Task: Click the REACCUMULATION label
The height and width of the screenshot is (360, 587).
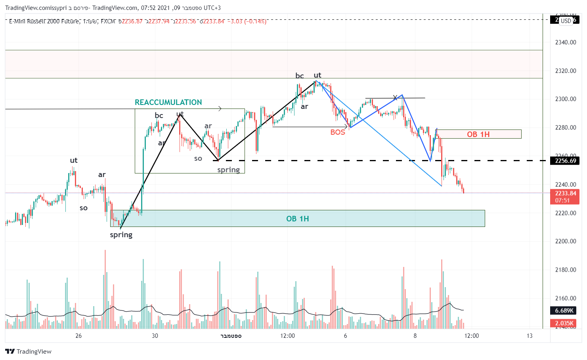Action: (x=168, y=103)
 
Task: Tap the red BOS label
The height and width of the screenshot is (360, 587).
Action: (x=338, y=132)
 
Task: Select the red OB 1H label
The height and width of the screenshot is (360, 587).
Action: (x=478, y=134)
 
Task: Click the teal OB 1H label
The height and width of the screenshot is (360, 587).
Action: (x=297, y=219)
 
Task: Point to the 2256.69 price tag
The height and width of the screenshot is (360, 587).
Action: (x=565, y=161)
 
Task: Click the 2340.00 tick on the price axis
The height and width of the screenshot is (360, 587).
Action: (x=565, y=42)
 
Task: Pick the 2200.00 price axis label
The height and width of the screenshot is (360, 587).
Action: (x=565, y=241)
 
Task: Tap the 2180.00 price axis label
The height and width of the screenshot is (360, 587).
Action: (x=565, y=270)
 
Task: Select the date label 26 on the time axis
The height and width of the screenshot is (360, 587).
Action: (x=78, y=336)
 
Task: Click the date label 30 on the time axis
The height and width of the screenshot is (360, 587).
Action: (x=155, y=336)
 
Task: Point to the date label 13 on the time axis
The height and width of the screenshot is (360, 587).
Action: (x=530, y=336)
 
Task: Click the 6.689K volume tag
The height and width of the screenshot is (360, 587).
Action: (x=564, y=310)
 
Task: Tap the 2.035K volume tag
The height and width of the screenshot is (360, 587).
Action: (x=564, y=323)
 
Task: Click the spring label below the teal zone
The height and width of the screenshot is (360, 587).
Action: (x=121, y=235)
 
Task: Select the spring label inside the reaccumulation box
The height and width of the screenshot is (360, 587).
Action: (x=228, y=170)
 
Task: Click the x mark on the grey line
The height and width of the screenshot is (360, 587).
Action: (x=395, y=97)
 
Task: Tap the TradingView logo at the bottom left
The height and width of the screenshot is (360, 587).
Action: (x=29, y=351)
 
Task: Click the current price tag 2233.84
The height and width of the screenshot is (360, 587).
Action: (x=565, y=194)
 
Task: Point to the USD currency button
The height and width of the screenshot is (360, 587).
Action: (x=566, y=21)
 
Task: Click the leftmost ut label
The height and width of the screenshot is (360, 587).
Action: (x=74, y=160)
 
